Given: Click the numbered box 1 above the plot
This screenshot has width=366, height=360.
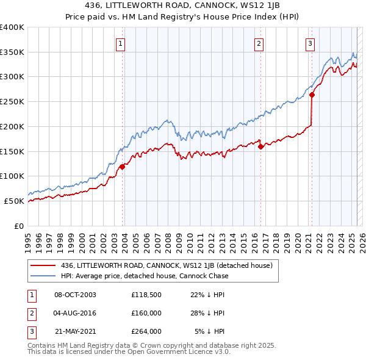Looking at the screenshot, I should tap(121, 43).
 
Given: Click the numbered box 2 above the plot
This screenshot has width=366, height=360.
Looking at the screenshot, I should tap(259, 43).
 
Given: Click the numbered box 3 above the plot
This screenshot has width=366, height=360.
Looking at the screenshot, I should tap(310, 43).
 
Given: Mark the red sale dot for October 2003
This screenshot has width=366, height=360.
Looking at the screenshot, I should tap(122, 167).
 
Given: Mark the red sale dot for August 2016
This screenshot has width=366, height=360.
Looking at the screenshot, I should tap(260, 146).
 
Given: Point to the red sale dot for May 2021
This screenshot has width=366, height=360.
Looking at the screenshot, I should tap(312, 95).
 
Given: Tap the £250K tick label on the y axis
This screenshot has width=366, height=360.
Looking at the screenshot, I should tap(12, 101).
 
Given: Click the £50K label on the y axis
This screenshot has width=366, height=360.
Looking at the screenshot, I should tap(14, 201).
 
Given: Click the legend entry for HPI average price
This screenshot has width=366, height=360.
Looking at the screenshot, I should tap(144, 276).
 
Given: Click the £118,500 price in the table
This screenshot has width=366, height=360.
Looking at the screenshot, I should tap(146, 294).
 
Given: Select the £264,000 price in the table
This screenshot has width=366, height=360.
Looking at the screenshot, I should tap(146, 332).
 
